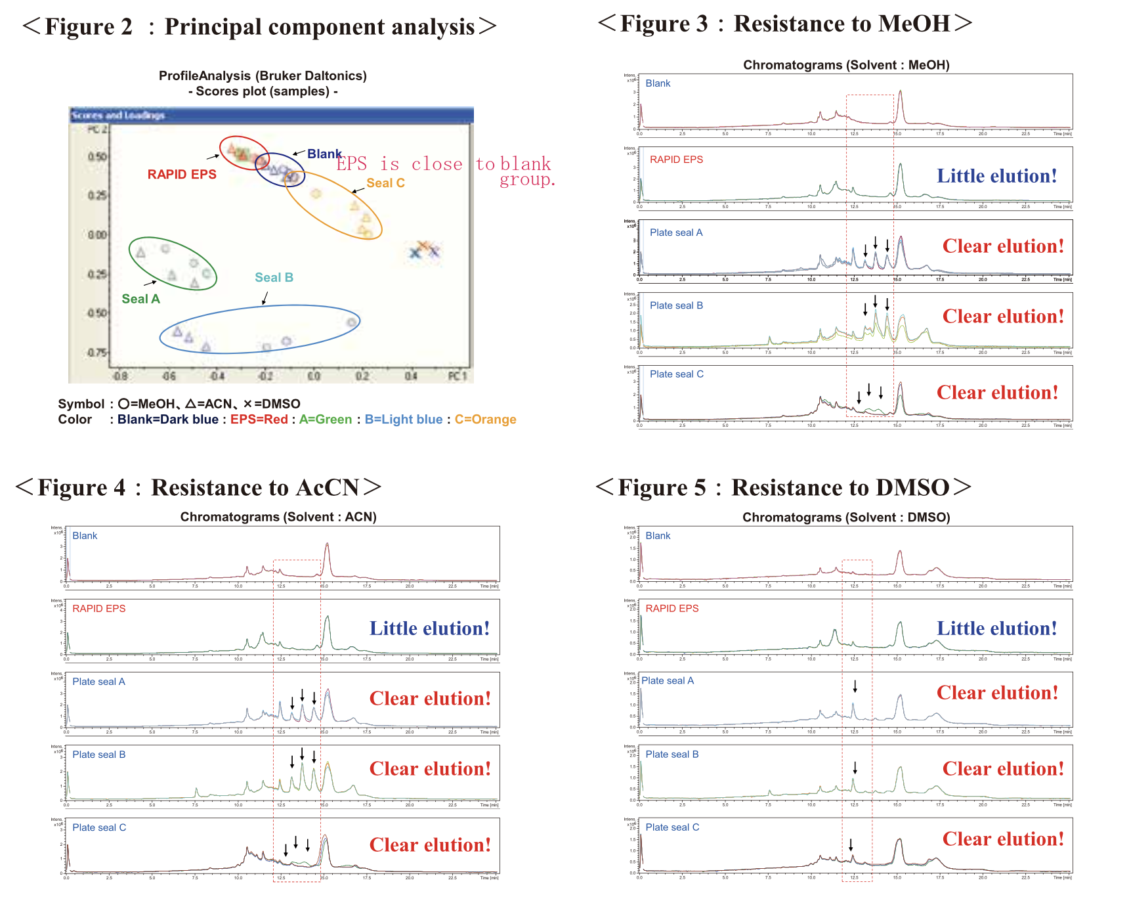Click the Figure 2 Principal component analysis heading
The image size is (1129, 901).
tap(259, 27)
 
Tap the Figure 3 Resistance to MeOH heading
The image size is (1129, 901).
tap(784, 24)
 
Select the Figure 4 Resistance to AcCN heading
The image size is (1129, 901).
tap(198, 487)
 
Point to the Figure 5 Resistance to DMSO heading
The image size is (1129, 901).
tap(783, 487)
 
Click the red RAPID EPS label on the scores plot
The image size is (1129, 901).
tap(182, 174)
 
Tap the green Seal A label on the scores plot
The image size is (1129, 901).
tap(140, 299)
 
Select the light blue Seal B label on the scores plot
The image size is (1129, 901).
tap(274, 277)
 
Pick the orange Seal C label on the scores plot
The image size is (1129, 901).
tap(385, 183)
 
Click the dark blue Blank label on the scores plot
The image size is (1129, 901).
tap(324, 154)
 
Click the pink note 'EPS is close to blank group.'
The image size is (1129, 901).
tap(446, 170)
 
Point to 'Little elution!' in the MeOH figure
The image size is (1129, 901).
tap(996, 176)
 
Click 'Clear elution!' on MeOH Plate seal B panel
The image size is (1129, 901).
tap(1003, 317)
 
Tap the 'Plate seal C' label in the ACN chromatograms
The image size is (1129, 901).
tap(99, 827)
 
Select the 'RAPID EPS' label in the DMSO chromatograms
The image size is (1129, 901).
tap(671, 609)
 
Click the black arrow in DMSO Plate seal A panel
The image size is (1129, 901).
tap(855, 687)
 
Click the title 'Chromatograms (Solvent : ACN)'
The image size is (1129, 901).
tap(278, 517)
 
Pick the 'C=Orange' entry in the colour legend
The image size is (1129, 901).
tap(485, 420)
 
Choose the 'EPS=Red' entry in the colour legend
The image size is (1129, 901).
tap(259, 420)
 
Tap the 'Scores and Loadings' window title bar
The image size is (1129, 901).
tap(270, 116)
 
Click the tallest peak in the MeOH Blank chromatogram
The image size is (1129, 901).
tap(900, 92)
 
